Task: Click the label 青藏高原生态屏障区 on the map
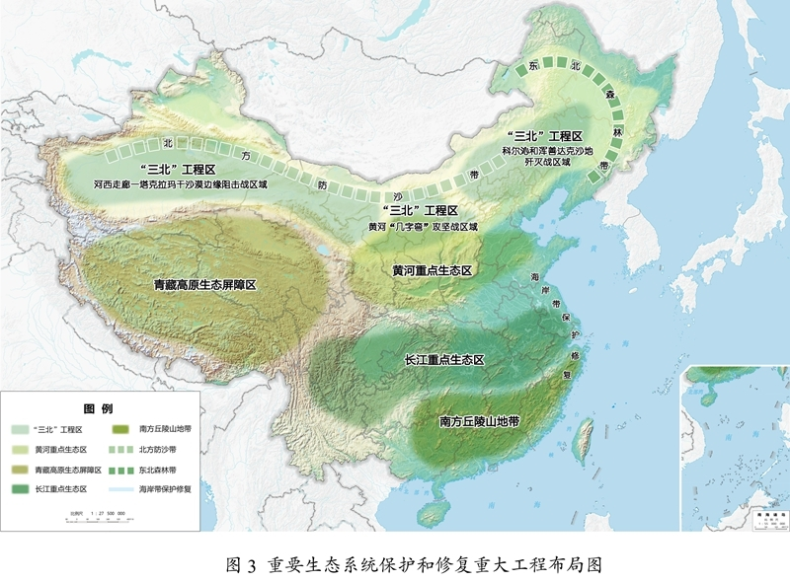pyautogui.click(x=204, y=284)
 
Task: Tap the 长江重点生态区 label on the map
pyautogui.click(x=445, y=361)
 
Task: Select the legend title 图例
pyautogui.click(x=99, y=408)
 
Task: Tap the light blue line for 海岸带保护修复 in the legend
pyautogui.click(x=121, y=488)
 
